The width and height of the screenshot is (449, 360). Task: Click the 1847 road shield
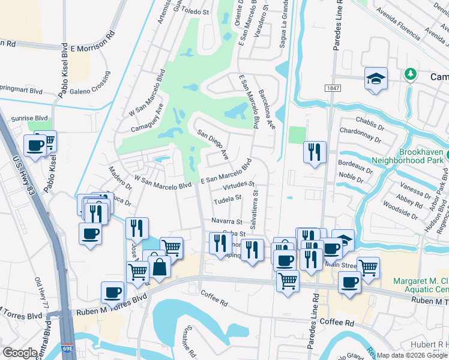pyautogui.click(x=333, y=88)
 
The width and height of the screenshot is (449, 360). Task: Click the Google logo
pyautogui.click(x=19, y=353)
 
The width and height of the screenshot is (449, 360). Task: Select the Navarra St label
pyautogui.click(x=226, y=221)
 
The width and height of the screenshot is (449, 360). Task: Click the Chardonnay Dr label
pyautogui.click(x=360, y=134)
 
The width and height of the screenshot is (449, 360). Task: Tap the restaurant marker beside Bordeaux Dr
pyautogui.click(x=314, y=152)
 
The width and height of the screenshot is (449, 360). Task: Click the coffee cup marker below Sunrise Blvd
pyautogui.click(x=35, y=145)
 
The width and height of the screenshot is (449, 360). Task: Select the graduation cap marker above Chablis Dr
pyautogui.click(x=376, y=78)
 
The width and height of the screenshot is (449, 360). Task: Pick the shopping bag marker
pyautogui.click(x=160, y=265)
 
